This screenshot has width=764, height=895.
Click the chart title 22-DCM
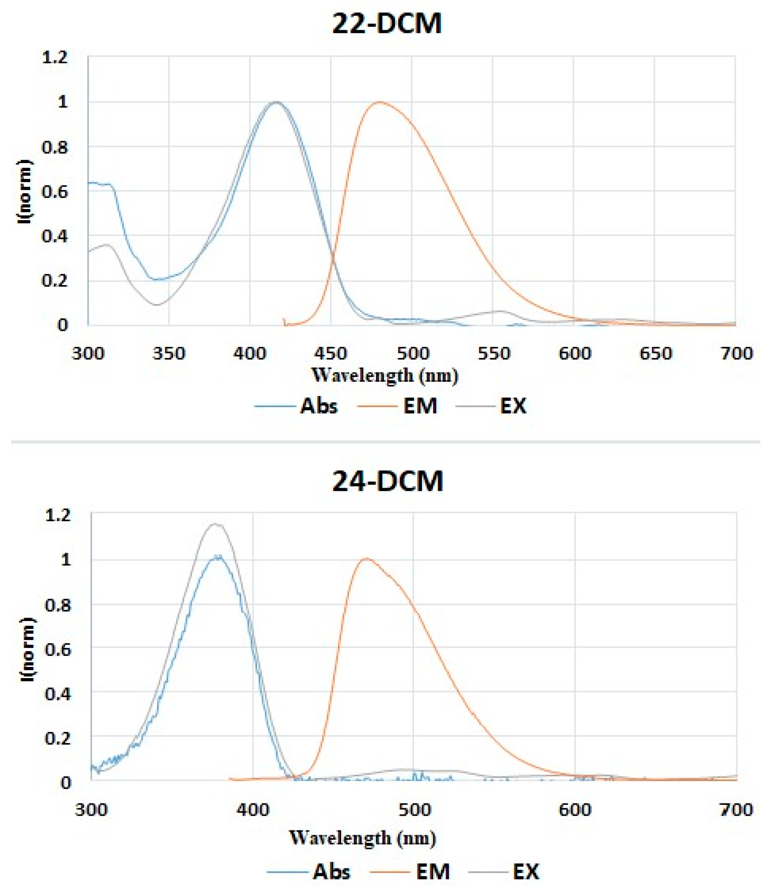click(387, 23)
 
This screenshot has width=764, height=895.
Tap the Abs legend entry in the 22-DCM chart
click(318, 406)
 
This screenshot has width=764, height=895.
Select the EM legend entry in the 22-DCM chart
click(420, 406)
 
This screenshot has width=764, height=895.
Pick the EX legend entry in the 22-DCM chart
click(513, 406)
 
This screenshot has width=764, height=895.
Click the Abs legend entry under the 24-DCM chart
click(331, 871)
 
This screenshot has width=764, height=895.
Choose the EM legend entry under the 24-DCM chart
click(432, 871)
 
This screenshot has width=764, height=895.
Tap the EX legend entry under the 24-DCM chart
click(526, 871)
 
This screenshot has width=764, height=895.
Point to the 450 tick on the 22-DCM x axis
click(330, 353)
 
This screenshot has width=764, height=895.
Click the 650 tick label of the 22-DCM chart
click(655, 353)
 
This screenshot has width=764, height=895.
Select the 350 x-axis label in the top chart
click(169, 353)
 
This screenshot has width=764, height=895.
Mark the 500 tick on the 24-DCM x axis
click(414, 810)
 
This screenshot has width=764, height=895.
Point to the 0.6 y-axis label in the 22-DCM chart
click(55, 191)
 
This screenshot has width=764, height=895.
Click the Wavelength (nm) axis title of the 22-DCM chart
click(385, 375)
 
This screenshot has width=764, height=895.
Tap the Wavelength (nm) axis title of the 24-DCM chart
click(362, 838)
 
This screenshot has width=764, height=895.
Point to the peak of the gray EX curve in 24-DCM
click(215, 524)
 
